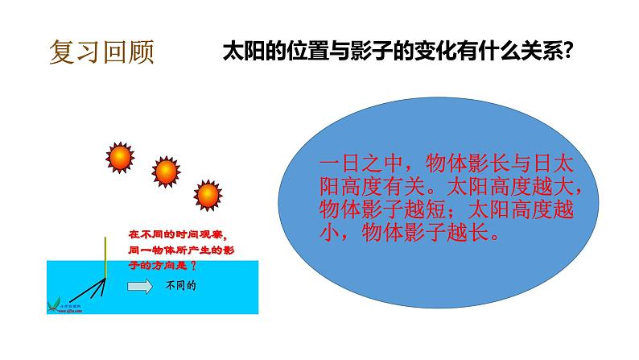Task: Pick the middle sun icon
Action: [165, 171]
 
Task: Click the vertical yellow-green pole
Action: [106, 257]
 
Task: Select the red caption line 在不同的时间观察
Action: [177, 234]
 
